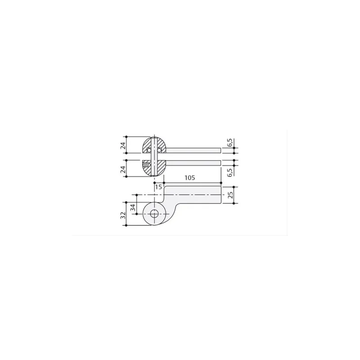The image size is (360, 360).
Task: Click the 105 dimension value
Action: (x=189, y=178)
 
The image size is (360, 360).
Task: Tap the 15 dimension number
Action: (x=158, y=187)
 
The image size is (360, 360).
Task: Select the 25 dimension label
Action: (x=230, y=195)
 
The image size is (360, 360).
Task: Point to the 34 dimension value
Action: (x=133, y=207)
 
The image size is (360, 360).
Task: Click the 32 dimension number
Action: (x=123, y=215)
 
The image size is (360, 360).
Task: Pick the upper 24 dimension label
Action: (x=123, y=145)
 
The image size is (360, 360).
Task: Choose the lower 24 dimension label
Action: (x=123, y=170)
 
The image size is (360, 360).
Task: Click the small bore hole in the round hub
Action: (x=154, y=214)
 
